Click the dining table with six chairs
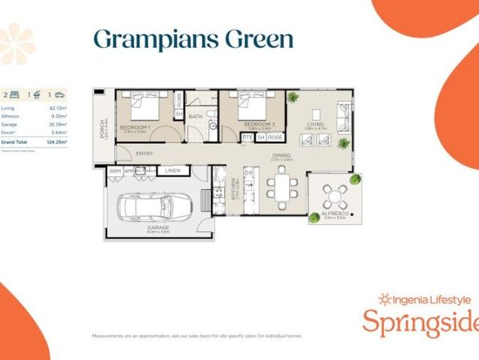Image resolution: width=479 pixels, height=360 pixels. point(282,188)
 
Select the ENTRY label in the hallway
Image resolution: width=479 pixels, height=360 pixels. point(145,154)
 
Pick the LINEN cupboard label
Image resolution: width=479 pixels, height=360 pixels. point(172,171)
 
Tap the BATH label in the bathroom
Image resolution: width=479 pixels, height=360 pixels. point(196,116)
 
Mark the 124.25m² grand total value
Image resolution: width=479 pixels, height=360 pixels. point(55,142)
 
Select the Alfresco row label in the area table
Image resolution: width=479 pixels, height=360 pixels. point(10,116)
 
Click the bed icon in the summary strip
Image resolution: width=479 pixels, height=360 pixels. point(14,94)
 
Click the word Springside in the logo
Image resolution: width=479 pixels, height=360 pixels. point(420,323)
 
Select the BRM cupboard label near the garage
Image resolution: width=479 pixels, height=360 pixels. point(115,171)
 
